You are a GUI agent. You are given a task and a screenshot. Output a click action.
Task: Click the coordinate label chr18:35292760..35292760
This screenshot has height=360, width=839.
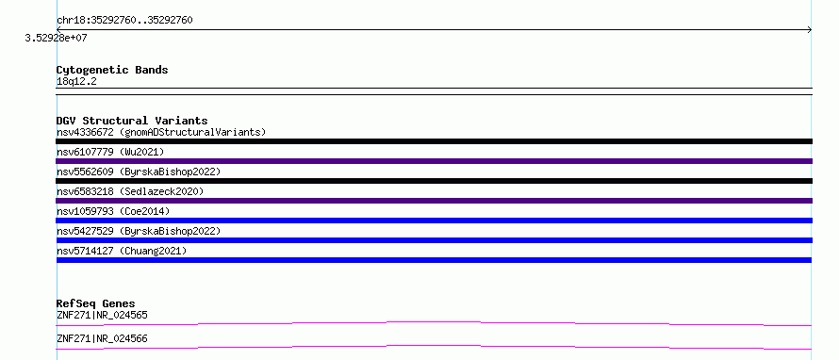[124, 21]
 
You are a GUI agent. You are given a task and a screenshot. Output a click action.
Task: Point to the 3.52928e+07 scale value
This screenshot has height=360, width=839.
[57, 39]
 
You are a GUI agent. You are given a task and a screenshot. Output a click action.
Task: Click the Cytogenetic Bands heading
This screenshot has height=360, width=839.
[112, 70]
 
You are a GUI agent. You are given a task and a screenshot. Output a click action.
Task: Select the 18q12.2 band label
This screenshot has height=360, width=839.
[76, 82]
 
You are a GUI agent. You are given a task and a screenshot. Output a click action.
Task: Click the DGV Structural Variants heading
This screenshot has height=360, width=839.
[132, 121]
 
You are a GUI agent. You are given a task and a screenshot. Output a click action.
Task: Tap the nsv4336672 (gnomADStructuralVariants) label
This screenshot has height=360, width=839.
[161, 132]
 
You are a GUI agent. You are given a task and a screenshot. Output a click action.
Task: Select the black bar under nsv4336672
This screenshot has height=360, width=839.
[434, 141]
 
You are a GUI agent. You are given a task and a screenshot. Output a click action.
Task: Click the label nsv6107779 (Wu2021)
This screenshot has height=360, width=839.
[110, 152]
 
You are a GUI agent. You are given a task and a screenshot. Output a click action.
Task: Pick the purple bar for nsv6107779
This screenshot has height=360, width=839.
[434, 161]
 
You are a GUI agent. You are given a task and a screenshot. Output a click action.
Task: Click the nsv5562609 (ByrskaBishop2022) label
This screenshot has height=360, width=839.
[139, 172]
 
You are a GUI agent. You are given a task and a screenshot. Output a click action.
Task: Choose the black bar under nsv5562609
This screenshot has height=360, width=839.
[434, 181]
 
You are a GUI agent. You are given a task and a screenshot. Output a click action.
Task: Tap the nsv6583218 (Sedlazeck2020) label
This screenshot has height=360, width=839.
[130, 191]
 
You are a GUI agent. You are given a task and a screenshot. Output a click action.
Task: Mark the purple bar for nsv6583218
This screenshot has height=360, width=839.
[434, 201]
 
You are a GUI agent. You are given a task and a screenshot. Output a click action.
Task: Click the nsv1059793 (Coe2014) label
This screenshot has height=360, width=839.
[113, 211]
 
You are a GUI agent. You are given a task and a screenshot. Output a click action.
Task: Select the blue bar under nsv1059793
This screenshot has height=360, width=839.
[434, 221]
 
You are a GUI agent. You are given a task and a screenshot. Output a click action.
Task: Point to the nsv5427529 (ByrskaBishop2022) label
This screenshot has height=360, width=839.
[139, 231]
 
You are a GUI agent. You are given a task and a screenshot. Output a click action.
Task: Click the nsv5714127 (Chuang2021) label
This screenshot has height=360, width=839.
[122, 251]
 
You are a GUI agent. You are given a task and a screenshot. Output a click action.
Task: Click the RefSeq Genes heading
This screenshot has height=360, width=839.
[96, 303]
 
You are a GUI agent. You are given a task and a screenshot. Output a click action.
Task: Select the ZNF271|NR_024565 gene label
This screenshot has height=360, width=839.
[102, 315]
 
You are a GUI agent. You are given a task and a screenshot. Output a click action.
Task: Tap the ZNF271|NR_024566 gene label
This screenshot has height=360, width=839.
[102, 338]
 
